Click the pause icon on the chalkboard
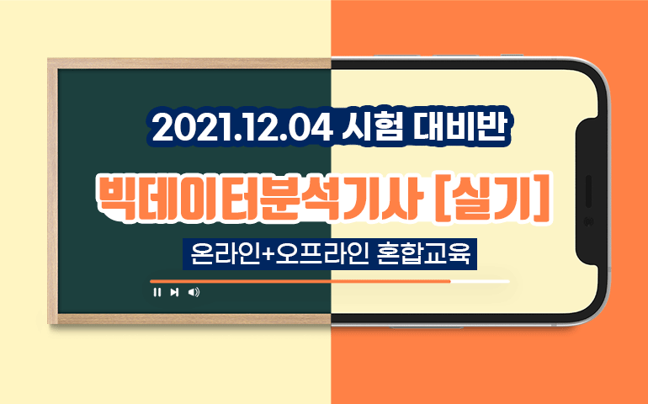(x=157, y=292)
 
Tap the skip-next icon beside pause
(x=174, y=292)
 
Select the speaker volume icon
(x=194, y=292)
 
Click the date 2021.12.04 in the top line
(x=242, y=128)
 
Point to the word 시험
(x=373, y=128)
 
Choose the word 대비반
(x=459, y=128)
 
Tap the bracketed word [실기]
(x=495, y=197)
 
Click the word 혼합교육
(x=424, y=254)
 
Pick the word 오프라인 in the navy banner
(x=321, y=254)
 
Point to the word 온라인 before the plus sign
(x=226, y=254)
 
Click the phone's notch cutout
(x=587, y=190)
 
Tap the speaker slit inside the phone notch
(x=588, y=191)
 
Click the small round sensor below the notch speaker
(x=588, y=222)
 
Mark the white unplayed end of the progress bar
(x=480, y=281)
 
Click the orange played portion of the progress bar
(x=300, y=281)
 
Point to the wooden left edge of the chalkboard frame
(x=52, y=191)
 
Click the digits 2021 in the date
(x=185, y=128)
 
